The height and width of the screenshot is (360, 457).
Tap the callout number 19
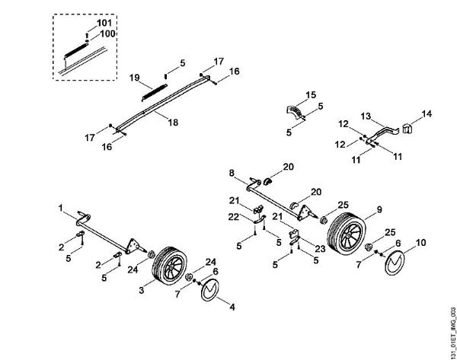tap(134, 78)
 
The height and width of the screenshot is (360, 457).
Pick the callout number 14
tap(427, 113)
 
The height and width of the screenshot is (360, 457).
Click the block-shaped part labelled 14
tap(406, 128)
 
